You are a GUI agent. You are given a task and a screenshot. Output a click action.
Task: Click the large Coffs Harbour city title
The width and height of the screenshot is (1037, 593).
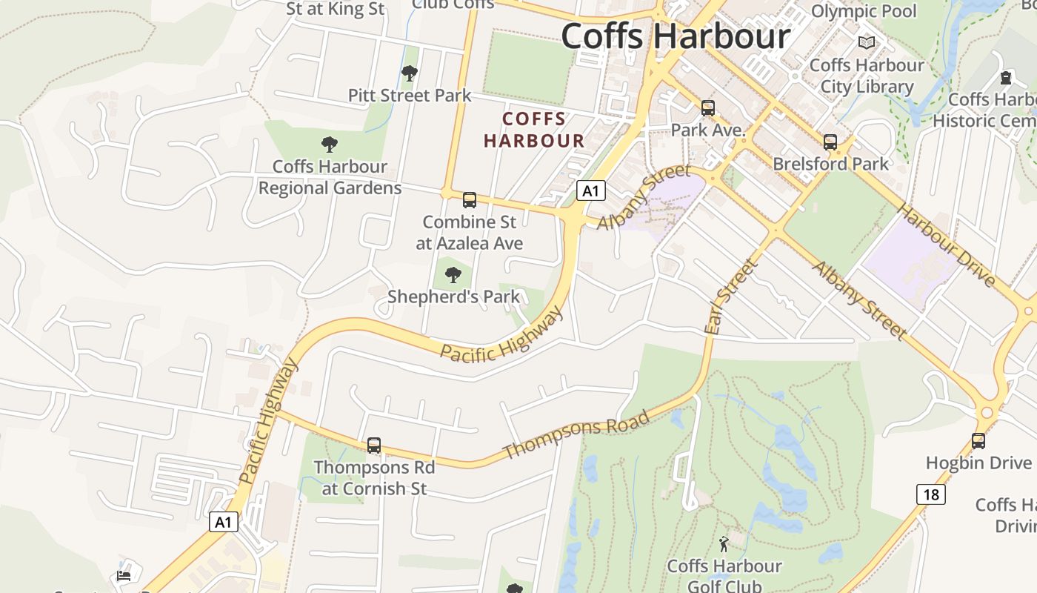pos(676,36)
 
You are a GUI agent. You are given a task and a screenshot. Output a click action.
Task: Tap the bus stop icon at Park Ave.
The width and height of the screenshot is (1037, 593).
pos(708,108)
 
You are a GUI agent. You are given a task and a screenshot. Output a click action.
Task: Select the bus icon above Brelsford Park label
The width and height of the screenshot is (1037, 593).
pos(830,142)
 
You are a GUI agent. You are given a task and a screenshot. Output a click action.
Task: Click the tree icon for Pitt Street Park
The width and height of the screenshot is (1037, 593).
pos(409,73)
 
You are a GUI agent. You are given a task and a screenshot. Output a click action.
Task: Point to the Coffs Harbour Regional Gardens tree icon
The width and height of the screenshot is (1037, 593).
pos(330,145)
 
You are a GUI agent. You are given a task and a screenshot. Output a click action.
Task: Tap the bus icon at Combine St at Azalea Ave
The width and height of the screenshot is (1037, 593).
pos(470,200)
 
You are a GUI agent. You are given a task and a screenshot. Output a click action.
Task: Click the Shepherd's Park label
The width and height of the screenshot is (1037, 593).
pos(453,296)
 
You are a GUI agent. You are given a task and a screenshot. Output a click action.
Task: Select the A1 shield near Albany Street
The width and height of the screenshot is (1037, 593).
pos(590,191)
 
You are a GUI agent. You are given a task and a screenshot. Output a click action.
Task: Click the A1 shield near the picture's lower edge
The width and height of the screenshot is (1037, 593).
pos(223,522)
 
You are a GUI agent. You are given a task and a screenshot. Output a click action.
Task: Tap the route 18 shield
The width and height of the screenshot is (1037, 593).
pos(931,494)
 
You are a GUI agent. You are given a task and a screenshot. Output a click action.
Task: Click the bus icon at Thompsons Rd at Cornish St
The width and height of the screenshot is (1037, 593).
pos(374,445)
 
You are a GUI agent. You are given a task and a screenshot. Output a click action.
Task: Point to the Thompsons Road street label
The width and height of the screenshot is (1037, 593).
pos(576,435)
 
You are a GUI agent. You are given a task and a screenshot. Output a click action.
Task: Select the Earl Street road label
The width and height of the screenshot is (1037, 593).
pos(731,296)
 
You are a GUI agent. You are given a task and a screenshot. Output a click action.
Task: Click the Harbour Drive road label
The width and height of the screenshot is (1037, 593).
pos(946,245)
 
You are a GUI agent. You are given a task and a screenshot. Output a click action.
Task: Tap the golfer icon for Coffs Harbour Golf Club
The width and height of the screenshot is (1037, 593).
pos(724,545)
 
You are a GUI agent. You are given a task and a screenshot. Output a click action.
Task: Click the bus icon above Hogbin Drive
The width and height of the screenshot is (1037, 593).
pos(978,441)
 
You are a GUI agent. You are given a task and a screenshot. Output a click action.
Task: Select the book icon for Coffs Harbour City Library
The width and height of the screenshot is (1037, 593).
pos(867,43)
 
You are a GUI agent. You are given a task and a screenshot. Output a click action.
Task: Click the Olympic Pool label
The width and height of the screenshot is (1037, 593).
pos(864,11)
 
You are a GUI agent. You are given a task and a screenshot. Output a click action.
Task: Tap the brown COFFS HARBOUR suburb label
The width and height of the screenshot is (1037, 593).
pos(534,130)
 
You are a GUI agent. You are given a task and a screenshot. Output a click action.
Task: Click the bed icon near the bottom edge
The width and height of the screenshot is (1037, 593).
pos(124,575)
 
